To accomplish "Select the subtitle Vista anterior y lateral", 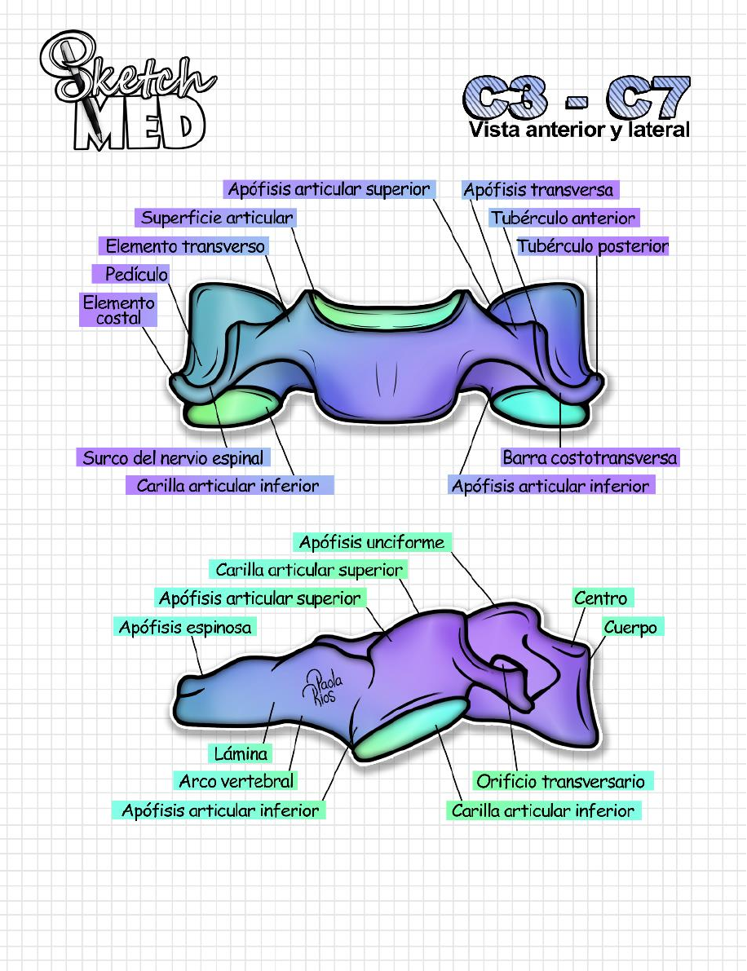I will (x=579, y=130).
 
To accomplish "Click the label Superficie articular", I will (x=216, y=218).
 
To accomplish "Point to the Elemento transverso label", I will (x=185, y=245).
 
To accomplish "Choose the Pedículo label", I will (x=136, y=274).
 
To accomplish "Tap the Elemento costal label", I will (x=119, y=310).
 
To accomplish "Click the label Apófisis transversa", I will (x=538, y=191).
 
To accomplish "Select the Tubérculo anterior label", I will (x=563, y=218).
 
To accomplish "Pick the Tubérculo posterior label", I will (x=592, y=246).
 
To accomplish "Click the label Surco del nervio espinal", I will (x=172, y=457).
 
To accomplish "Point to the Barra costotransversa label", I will (x=589, y=457).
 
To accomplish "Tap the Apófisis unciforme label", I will (x=371, y=542).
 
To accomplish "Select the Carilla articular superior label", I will (x=309, y=570).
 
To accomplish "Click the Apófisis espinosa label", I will (x=185, y=627).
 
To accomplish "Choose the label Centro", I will (x=600, y=598).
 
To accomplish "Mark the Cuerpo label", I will (x=630, y=627).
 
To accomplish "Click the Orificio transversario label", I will (x=560, y=782).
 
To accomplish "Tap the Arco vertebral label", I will (x=236, y=781).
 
